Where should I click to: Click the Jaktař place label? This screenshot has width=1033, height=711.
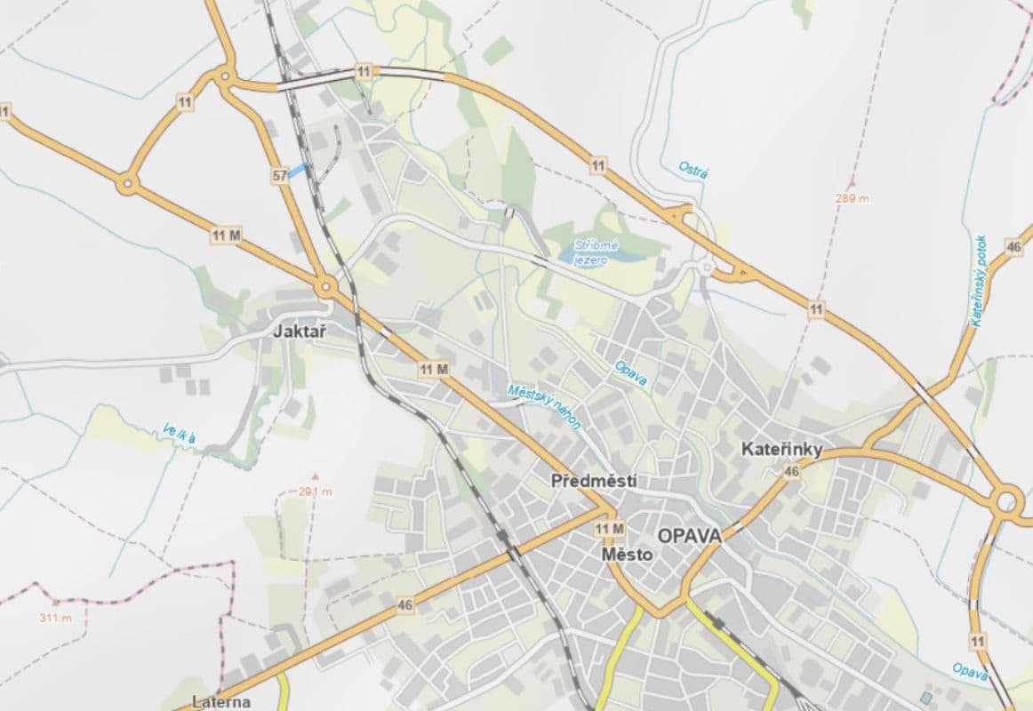click(300, 332)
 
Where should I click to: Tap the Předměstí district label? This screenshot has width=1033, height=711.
click(594, 481)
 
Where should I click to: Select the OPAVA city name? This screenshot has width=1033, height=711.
click(689, 536)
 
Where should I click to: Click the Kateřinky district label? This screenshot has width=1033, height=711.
click(781, 450)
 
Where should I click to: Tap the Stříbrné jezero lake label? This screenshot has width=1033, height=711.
click(595, 251)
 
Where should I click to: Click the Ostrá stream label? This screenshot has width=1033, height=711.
click(693, 169)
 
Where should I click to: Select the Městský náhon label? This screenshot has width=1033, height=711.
click(544, 406)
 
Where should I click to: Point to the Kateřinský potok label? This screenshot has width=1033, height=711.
click(979, 281)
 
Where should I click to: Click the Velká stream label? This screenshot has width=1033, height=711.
click(179, 433)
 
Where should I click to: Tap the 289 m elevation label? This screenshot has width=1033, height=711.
click(852, 198)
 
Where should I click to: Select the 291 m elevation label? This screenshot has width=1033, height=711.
click(315, 491)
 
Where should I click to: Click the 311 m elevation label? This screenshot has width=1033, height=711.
click(55, 618)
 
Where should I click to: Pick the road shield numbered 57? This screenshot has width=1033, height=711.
click(280, 176)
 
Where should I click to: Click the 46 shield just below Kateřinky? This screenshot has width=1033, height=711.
click(791, 472)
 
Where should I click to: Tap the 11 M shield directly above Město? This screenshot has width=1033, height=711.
click(610, 530)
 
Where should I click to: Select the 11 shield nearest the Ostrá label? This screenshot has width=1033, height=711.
click(597, 164)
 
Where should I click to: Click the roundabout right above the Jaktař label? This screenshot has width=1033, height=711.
click(326, 287)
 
